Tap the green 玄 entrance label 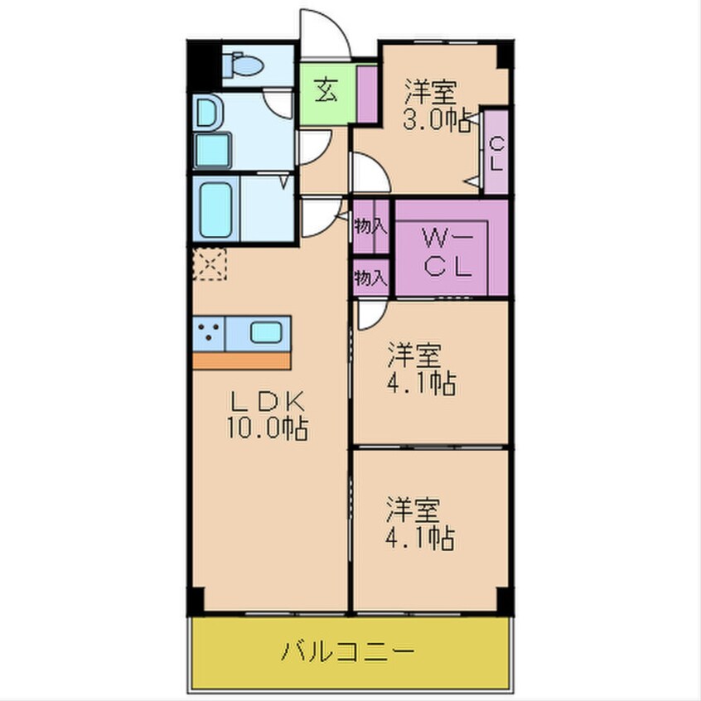click(326, 91)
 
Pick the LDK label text click(268, 404)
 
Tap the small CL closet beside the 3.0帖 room click(496, 153)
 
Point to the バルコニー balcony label click(346, 651)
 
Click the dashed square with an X click(209, 264)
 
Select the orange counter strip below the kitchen click(242, 361)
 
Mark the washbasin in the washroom click(207, 113)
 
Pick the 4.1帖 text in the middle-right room click(420, 384)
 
